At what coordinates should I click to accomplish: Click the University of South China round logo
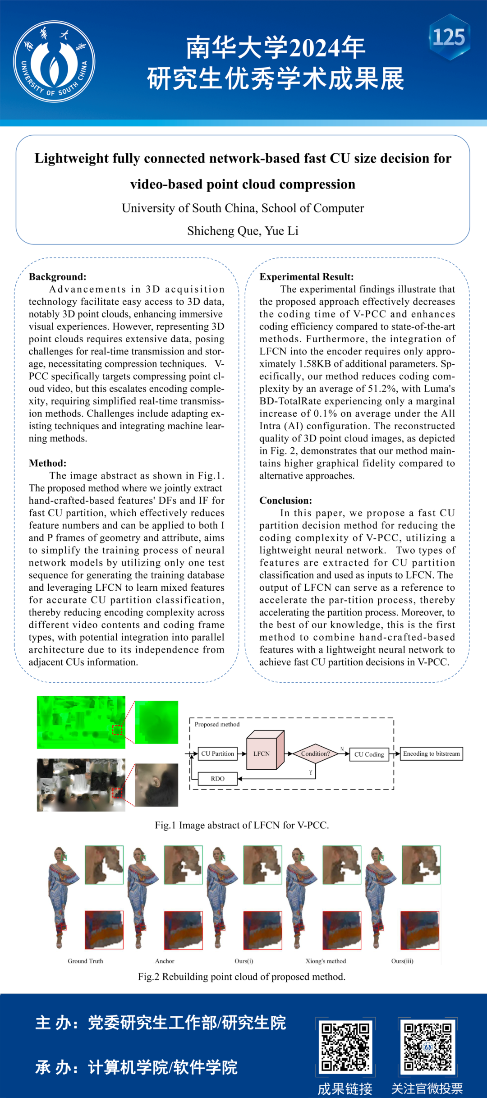click(54, 61)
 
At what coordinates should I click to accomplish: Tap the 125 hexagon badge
click(449, 37)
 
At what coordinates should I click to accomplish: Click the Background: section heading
click(57, 277)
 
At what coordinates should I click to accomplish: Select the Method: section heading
click(47, 463)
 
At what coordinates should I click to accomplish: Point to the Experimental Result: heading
click(306, 277)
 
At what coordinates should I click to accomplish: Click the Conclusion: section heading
click(285, 501)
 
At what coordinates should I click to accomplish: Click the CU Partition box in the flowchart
click(217, 753)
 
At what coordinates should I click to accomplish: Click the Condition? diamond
click(315, 753)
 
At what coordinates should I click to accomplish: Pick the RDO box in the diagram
click(217, 779)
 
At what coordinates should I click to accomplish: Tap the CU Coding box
click(369, 754)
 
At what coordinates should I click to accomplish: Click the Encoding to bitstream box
click(431, 753)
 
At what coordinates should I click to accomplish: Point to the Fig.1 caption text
click(242, 825)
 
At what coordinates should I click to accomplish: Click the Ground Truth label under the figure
click(85, 961)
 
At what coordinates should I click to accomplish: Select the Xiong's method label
click(326, 961)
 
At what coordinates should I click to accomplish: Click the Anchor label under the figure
click(165, 961)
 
